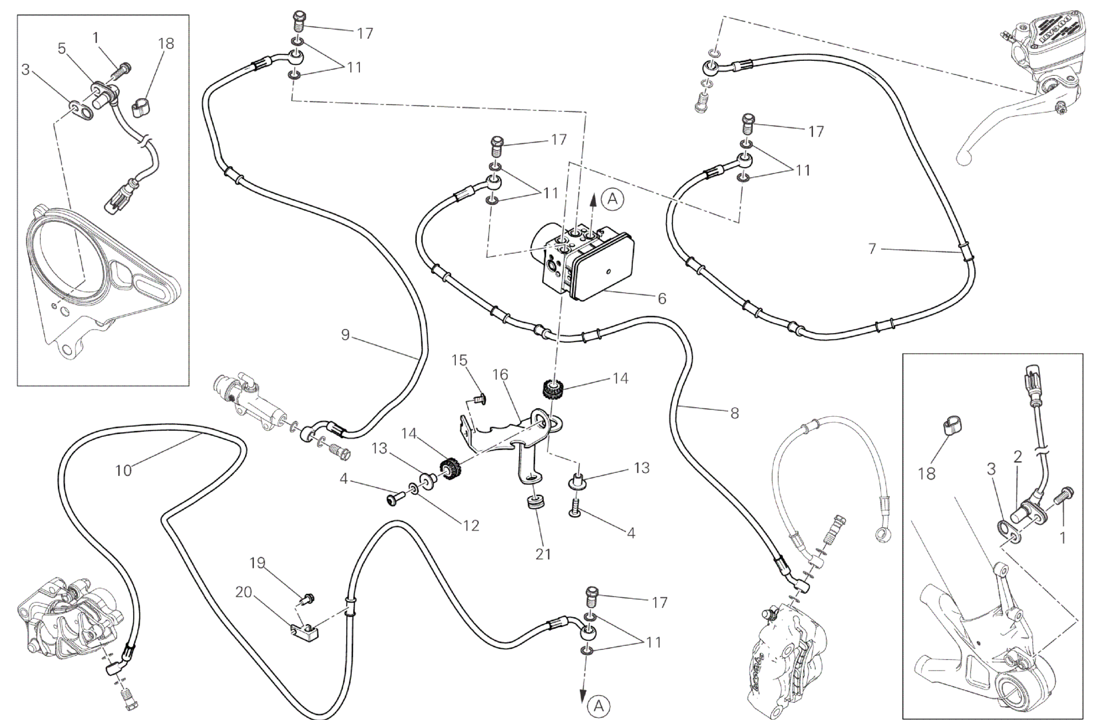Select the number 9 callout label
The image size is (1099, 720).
pyautogui.click(x=345, y=335)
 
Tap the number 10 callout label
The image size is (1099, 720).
pyautogui.click(x=123, y=470)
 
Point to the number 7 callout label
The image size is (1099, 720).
pyautogui.click(x=872, y=249)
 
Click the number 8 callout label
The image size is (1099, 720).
pyautogui.click(x=734, y=413)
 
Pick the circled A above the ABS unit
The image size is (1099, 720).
pyautogui.click(x=613, y=199)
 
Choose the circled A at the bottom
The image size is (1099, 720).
pyautogui.click(x=599, y=706)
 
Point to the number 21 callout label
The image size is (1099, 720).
pyautogui.click(x=543, y=553)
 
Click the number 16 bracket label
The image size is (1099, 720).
pyautogui.click(x=500, y=374)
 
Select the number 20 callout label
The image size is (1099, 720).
pyautogui.click(x=244, y=591)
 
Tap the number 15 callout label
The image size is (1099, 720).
pyautogui.click(x=459, y=360)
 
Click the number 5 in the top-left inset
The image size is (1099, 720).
pyautogui.click(x=62, y=48)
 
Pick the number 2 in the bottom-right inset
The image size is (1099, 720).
pyautogui.click(x=1017, y=457)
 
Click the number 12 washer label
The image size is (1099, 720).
pyautogui.click(x=471, y=525)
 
